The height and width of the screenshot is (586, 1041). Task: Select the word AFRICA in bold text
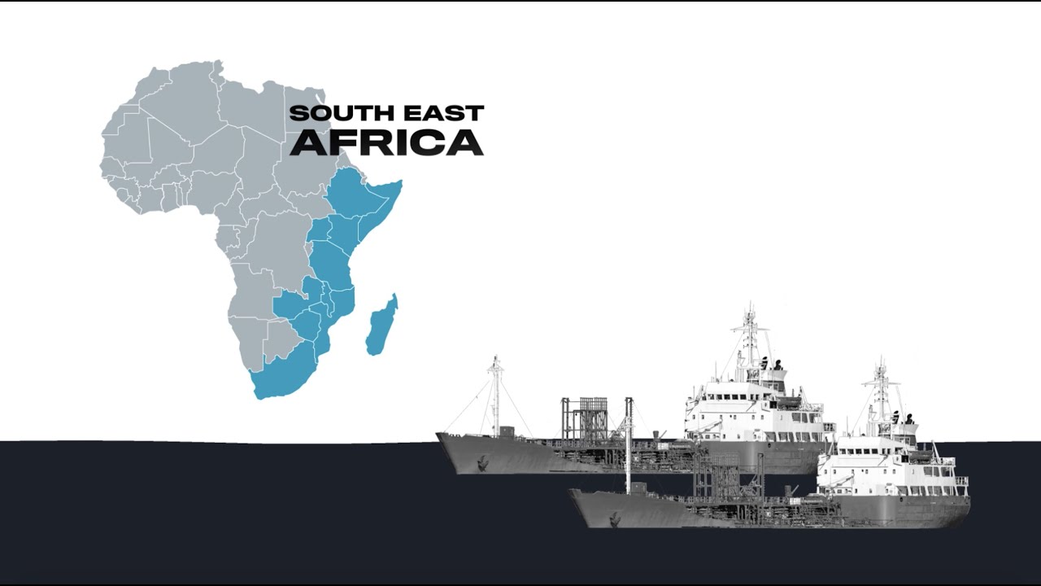(386, 142)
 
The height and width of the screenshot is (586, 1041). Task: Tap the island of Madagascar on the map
(380, 326)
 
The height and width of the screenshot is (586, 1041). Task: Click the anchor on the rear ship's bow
(482, 463)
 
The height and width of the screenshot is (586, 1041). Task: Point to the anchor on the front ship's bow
(614, 518)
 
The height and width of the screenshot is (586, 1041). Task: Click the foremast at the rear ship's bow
(495, 395)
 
